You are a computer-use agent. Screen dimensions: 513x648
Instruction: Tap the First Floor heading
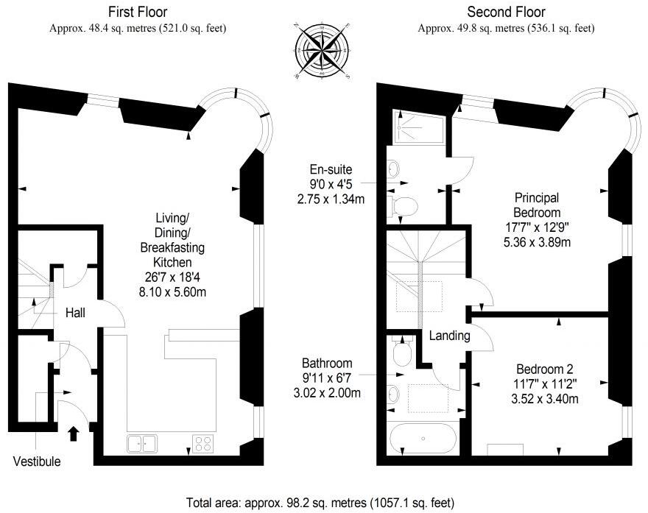[137, 12]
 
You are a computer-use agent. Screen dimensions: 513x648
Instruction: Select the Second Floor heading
[505, 12]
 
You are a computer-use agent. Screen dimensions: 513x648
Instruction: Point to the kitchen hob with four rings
[203, 443]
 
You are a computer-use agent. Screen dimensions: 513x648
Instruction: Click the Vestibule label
[37, 462]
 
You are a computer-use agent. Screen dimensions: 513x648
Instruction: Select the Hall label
[75, 313]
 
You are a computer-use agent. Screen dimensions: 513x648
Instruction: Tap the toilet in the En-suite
[404, 205]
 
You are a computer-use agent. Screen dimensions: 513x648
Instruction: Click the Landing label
[449, 336]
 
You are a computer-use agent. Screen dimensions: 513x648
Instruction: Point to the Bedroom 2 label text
[544, 369]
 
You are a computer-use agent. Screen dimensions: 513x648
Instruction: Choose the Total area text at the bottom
[320, 503]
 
